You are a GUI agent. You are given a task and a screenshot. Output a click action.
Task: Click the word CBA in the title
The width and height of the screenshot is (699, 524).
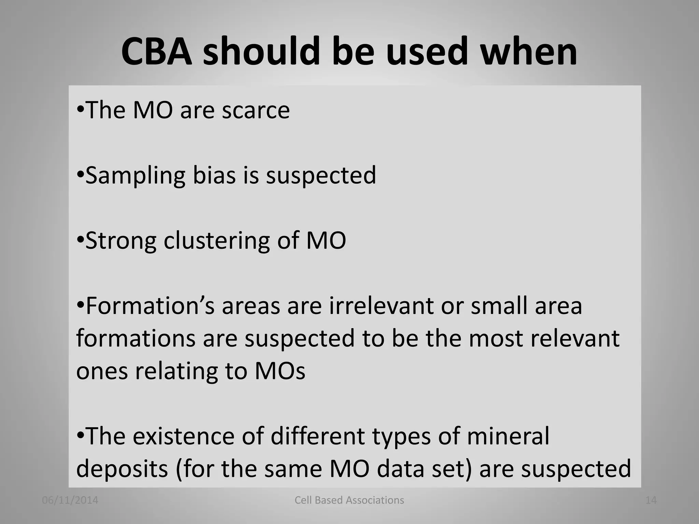click(x=157, y=52)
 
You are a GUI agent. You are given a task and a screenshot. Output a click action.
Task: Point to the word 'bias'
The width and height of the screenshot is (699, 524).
click(x=214, y=175)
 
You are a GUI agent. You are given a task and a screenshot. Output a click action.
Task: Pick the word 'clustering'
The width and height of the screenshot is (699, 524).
click(x=217, y=241)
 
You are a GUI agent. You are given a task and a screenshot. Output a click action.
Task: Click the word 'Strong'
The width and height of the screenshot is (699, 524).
click(x=121, y=241)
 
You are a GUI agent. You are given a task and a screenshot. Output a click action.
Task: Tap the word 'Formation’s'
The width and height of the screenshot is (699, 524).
click(x=150, y=306)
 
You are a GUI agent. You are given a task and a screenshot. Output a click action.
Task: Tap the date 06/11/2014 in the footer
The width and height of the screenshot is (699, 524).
click(x=70, y=500)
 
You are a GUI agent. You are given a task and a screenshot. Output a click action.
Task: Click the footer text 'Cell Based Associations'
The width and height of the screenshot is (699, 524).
click(x=349, y=500)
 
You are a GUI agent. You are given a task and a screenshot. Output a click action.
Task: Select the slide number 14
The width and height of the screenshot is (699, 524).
click(x=651, y=500)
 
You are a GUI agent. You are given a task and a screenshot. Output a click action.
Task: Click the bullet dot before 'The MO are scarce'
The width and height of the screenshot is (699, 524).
click(x=80, y=110)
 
